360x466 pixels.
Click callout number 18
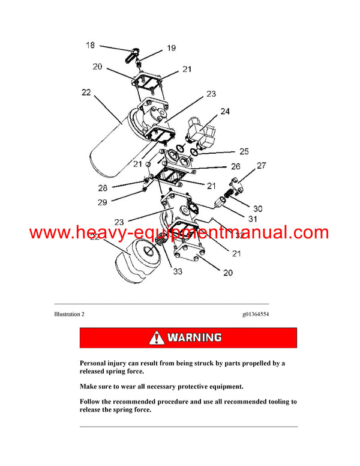89,45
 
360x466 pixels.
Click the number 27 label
260,165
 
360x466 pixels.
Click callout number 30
256,208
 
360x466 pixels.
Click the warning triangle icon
157,337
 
